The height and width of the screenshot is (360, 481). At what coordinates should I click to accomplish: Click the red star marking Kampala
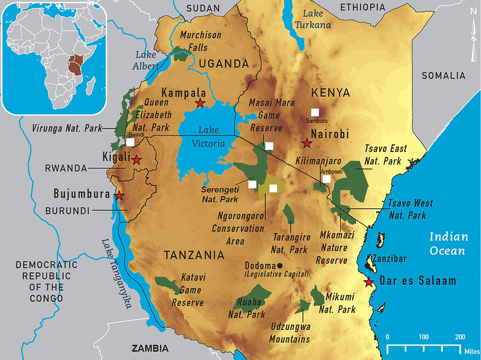click(x=200, y=103)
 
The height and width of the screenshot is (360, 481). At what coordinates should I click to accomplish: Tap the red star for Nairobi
click(x=307, y=143)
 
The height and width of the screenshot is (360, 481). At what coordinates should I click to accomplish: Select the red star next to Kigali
click(x=137, y=159)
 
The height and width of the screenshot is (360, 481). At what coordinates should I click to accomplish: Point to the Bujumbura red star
click(x=120, y=196)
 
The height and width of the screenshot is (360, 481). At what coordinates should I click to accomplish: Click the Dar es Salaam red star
click(x=369, y=282)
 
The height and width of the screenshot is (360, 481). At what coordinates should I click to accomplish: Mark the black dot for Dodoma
click(x=280, y=266)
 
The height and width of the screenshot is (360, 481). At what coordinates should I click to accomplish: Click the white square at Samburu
click(x=314, y=112)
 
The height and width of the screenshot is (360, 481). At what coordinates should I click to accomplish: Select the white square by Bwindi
click(x=130, y=142)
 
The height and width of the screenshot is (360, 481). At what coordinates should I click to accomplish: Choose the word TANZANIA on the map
click(x=194, y=255)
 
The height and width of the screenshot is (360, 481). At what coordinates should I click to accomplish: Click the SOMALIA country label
click(x=444, y=76)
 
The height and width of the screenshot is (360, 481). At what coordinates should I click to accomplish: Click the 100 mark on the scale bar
click(x=423, y=337)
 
